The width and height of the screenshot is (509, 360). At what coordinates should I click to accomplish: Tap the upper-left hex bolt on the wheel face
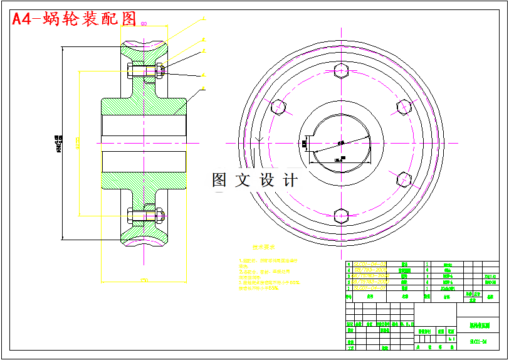point(278,107)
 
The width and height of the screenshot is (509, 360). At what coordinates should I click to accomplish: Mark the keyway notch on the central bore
point(305,144)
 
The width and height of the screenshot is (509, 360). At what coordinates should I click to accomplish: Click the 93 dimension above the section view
point(144,24)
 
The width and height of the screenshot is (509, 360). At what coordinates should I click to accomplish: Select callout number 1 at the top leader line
point(203,19)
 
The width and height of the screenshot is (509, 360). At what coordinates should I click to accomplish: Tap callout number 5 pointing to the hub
point(203,88)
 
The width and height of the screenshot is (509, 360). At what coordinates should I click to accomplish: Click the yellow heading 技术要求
point(264,248)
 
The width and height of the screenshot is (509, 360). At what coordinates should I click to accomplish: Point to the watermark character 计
point(290,181)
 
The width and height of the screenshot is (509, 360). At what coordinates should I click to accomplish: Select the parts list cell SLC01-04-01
point(370,288)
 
